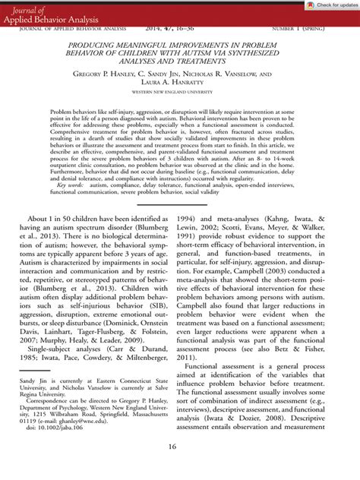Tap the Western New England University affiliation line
[180, 96]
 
